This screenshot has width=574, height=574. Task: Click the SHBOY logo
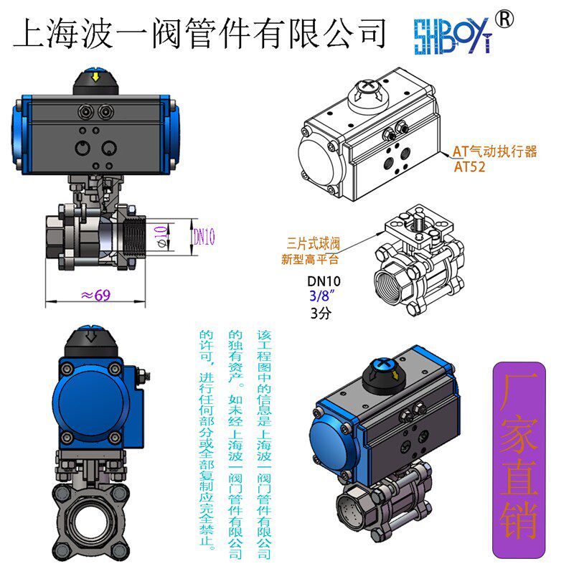pos(452,34)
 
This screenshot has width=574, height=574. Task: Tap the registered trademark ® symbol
pos(505,20)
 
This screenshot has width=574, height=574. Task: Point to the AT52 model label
pos(471,167)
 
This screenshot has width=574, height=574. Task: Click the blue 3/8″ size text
pos(322,296)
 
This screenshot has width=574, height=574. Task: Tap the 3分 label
pos(320,313)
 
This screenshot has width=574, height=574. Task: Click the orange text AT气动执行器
pos(494,151)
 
